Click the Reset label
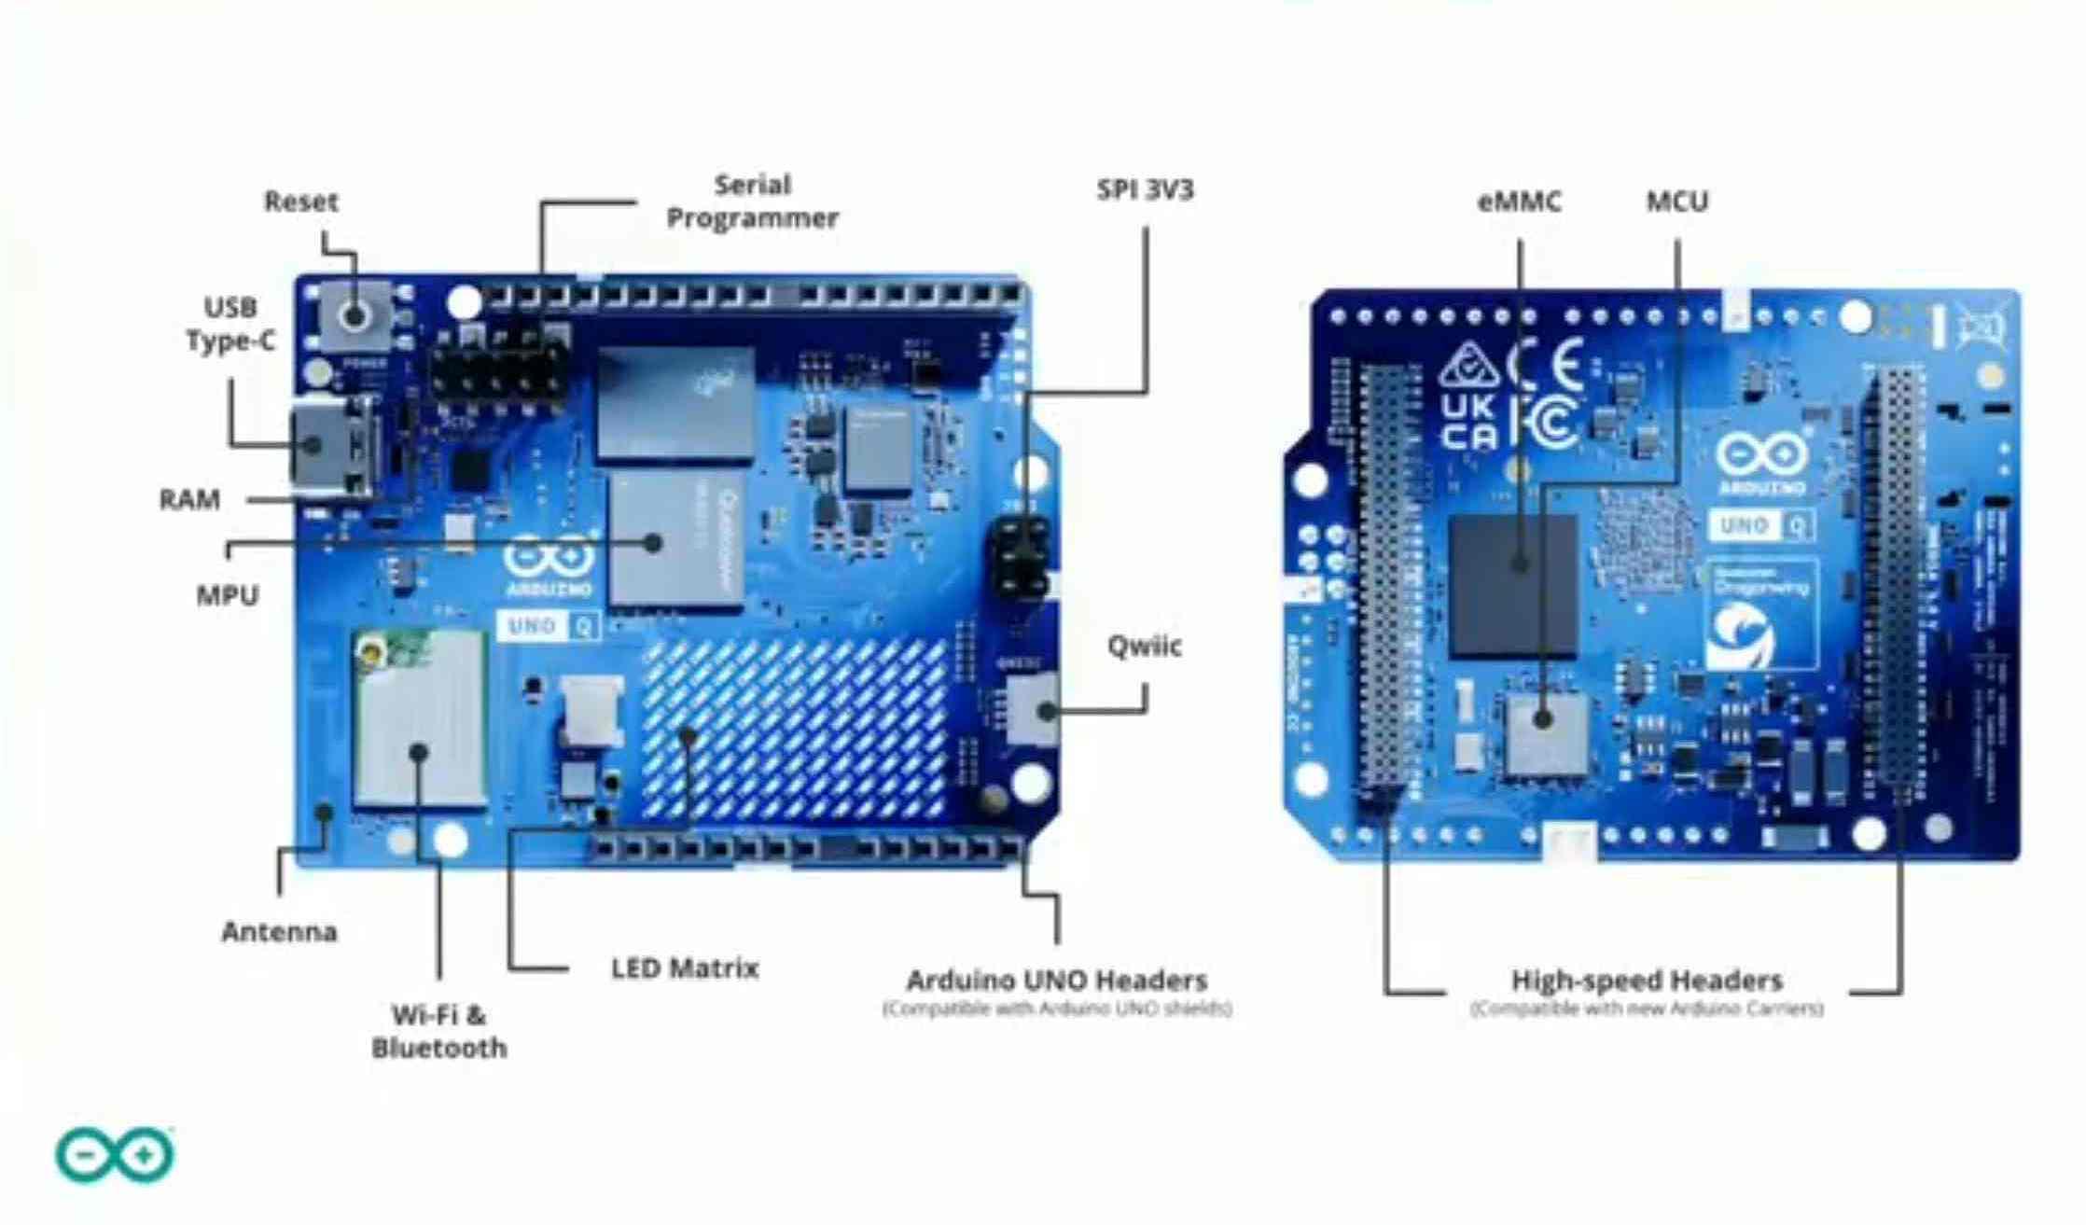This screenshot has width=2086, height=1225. [300, 201]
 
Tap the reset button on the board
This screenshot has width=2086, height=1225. [354, 314]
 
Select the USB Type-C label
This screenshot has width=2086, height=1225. [230, 324]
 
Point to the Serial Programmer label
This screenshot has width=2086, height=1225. [752, 202]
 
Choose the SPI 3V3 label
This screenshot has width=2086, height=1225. [1145, 189]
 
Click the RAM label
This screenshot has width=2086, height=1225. [189, 500]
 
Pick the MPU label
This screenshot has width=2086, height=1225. [227, 595]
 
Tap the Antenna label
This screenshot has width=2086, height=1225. [279, 931]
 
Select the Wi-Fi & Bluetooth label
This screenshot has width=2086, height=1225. [438, 1031]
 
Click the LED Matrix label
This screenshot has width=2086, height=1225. [685, 968]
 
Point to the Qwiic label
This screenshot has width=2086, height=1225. [1144, 646]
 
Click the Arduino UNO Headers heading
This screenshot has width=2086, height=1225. [1057, 981]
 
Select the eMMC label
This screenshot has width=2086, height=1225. [1519, 202]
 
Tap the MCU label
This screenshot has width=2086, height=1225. [1676, 202]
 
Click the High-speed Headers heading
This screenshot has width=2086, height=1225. [1647, 981]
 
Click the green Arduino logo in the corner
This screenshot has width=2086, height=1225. [115, 1155]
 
